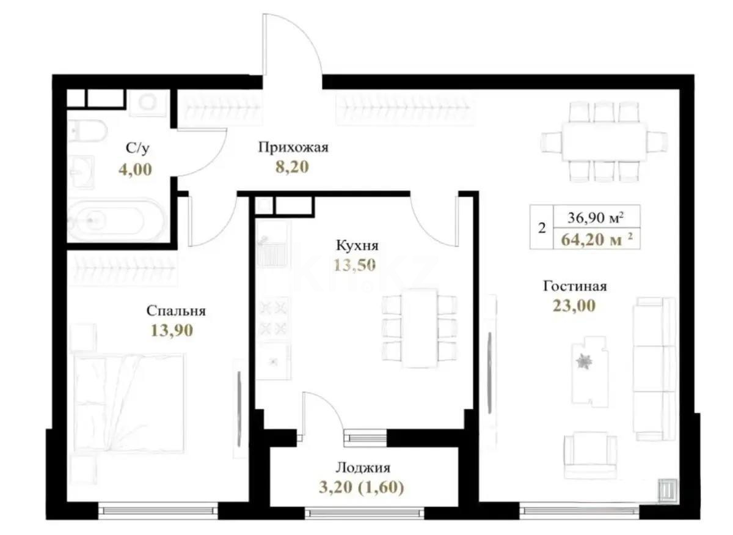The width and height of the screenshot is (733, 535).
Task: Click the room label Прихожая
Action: pyautogui.click(x=293, y=147)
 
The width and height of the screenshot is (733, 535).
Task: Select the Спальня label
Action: pyautogui.click(x=176, y=311)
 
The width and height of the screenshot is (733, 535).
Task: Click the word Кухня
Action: pyautogui.click(x=357, y=246)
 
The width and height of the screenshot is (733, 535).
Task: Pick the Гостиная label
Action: pyautogui.click(x=575, y=286)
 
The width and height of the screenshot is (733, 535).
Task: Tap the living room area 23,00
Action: pyautogui.click(x=574, y=306)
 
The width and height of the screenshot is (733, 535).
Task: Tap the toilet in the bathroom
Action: pyautogui.click(x=83, y=130)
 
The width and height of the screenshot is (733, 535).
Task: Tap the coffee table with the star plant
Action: pyautogui.click(x=589, y=369)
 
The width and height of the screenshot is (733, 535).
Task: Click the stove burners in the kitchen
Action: pyautogui.click(x=273, y=317)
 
